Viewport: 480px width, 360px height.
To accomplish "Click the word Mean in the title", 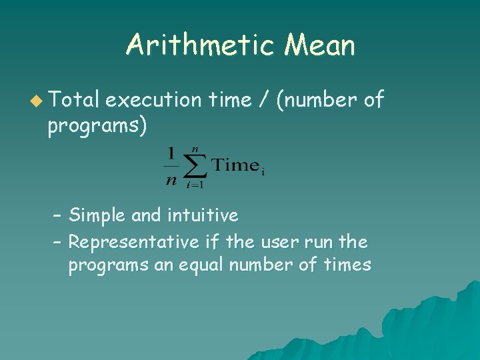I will [319, 46].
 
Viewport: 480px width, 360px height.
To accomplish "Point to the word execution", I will [153, 100].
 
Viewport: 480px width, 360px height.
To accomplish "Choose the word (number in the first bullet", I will [315, 100].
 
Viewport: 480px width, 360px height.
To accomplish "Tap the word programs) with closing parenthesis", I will [97, 126].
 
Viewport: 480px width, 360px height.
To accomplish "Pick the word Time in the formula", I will [236, 165].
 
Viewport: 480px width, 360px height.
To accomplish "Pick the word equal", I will [200, 265].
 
